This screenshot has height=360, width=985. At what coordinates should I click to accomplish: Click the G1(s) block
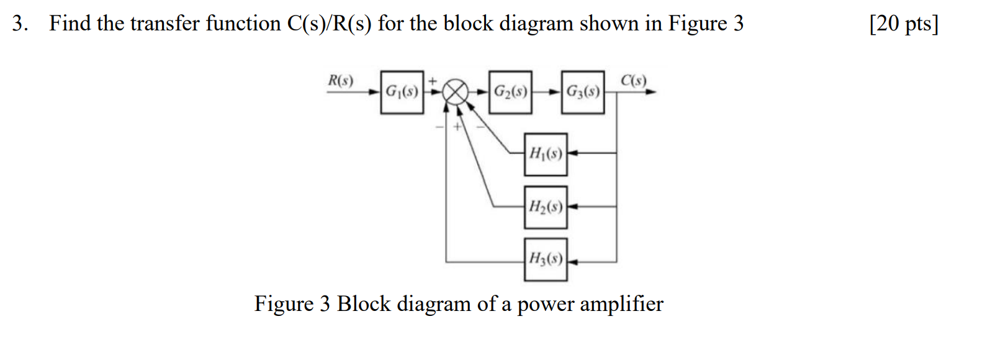pos(402,92)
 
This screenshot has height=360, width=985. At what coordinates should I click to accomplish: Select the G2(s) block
pos(510,92)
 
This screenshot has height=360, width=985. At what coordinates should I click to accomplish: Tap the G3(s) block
pos(583,92)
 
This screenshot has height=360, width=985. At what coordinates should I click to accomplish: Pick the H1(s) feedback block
pos(546,153)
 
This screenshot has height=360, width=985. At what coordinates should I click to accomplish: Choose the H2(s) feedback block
pos(546,207)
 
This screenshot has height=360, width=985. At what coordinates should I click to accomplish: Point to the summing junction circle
pos(457,92)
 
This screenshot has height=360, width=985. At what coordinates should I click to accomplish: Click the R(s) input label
pos(340,80)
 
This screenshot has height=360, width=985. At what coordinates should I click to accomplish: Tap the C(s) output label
pos(634,80)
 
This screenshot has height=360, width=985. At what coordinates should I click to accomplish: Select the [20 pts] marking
pos(904,24)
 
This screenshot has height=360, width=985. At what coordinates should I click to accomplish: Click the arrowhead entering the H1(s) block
pos(572,153)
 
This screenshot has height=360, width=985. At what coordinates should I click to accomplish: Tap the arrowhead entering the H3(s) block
pos(572,262)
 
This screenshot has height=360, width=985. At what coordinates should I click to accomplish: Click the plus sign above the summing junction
pos(433,80)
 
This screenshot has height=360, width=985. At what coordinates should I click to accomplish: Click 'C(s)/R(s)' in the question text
pos(329,24)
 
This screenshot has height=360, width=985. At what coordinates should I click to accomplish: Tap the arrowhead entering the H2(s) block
pos(572,206)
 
